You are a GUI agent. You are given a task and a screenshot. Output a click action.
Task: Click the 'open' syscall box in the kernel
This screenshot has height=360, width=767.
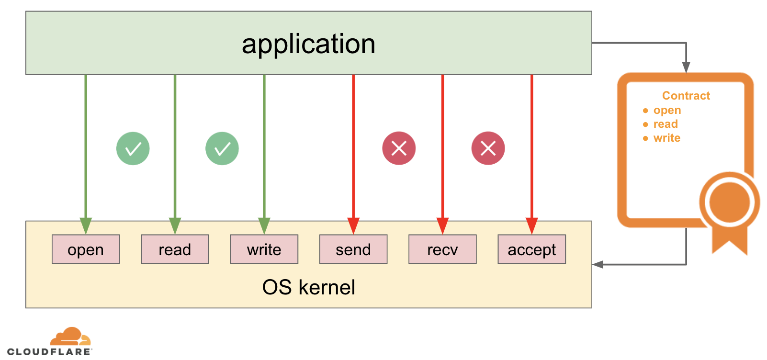tap(86, 249)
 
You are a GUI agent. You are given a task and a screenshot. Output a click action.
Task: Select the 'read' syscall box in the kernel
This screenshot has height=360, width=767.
tap(175, 249)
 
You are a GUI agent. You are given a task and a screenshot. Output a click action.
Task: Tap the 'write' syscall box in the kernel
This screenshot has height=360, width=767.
tap(264, 249)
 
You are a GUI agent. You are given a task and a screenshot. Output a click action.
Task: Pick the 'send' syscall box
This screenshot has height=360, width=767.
tap(353, 249)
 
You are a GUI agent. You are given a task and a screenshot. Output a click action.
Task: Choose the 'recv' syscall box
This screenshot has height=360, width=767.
tap(442, 249)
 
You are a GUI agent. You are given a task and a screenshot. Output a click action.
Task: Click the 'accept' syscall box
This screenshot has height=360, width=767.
tap(531, 249)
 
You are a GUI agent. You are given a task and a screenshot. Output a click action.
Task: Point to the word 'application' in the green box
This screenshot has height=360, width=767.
tap(308, 44)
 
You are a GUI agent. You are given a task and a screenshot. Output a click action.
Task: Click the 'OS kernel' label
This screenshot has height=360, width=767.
tap(308, 287)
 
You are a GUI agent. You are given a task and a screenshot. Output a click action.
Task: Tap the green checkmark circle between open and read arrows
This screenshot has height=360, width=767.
tap(133, 148)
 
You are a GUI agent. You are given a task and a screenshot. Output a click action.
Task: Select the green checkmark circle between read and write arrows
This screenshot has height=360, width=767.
tap(222, 148)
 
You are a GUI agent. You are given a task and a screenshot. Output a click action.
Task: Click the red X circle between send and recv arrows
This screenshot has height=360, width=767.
tap(399, 148)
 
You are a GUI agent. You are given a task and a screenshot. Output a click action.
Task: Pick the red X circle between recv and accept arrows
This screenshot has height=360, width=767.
tap(488, 148)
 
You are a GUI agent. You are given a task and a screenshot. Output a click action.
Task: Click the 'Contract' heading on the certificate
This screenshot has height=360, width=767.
tap(686, 96)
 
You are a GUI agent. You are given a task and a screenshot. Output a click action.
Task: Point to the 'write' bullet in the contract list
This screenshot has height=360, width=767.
tap(666, 138)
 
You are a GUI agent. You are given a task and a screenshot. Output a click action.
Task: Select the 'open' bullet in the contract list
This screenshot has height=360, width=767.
tap(667, 110)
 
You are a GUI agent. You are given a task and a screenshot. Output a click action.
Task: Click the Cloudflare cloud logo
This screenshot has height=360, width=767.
tap(70, 337)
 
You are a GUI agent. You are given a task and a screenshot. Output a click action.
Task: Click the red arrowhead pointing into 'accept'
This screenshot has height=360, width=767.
tap(531, 225)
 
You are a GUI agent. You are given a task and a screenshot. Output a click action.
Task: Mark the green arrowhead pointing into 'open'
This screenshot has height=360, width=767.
tap(86, 225)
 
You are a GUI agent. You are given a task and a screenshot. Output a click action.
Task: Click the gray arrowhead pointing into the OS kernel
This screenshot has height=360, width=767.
tap(598, 264)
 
